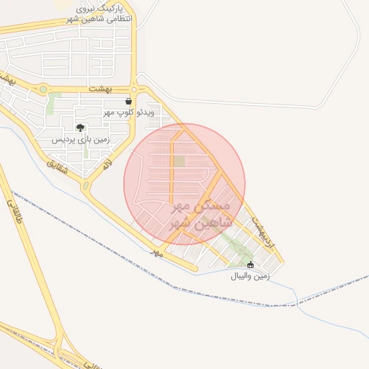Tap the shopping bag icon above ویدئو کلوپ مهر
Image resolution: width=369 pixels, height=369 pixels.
pos(129,102)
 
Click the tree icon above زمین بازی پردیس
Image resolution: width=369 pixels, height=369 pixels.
pos(79,128)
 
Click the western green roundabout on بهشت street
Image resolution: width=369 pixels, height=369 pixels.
pos(43,89)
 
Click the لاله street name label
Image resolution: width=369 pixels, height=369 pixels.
pos(107,167)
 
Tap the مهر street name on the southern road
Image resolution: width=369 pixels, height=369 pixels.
pos(156,253)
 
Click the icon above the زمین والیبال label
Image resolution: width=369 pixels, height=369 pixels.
pos(250,265)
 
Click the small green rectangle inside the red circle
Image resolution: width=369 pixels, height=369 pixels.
pos(179,161)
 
